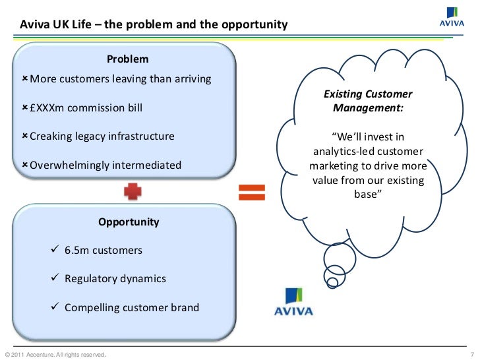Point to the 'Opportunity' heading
coord(129,222)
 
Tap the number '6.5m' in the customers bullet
coord(76,251)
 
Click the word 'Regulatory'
coord(92,279)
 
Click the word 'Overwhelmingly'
coord(71,165)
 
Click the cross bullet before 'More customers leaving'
coord(24,79)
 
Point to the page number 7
coord(473,355)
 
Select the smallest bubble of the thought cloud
coord(333,284)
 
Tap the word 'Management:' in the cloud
coord(367,107)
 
